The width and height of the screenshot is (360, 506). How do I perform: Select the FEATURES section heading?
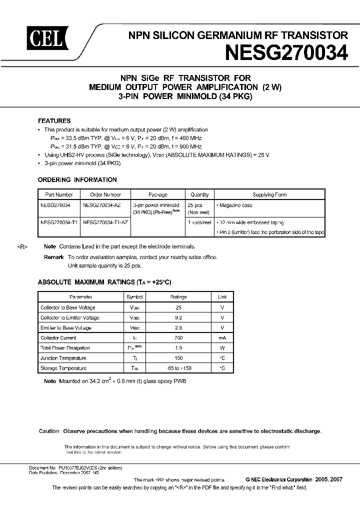[x=54, y=121]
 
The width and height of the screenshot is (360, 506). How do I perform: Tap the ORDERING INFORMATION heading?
[x=77, y=180]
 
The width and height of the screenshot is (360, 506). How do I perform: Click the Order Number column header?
[x=105, y=195]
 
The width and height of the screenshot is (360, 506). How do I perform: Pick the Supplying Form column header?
[x=269, y=195]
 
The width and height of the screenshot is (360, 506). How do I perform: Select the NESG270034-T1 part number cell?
[x=59, y=221]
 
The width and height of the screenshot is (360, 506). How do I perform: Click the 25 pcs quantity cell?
[x=195, y=205]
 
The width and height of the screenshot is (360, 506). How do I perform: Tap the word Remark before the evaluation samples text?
[x=53, y=257]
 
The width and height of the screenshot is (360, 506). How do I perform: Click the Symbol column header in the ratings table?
[x=134, y=297]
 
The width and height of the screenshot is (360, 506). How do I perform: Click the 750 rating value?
[x=178, y=338]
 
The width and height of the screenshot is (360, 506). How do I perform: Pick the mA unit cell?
[x=222, y=338]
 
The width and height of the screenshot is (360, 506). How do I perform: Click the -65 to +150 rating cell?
[x=178, y=368]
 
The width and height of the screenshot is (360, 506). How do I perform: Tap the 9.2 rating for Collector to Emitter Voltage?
[x=178, y=317]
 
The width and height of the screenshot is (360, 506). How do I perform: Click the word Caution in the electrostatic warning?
[x=49, y=431]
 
